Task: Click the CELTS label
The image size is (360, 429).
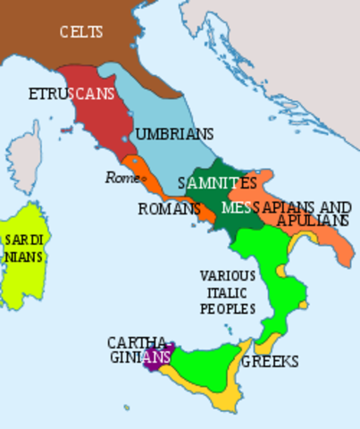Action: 81,33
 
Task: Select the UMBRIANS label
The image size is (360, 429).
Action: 174,135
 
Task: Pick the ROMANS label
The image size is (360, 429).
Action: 168,209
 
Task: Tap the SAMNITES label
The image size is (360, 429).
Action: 217,183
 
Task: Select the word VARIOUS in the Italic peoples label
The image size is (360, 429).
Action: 227,275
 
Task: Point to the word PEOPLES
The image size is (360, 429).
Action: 227,308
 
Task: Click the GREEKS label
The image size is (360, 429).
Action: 269,362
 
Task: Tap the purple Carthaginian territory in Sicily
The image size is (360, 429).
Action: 158,360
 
